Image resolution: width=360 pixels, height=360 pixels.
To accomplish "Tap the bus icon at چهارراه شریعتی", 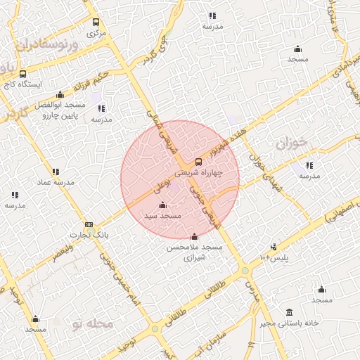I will click(198, 162).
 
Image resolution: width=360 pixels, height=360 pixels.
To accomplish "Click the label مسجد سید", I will click(163, 216).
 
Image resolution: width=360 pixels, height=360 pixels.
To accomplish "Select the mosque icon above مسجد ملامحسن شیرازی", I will click(194, 237).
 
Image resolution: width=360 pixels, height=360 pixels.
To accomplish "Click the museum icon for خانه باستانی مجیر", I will click(289, 312).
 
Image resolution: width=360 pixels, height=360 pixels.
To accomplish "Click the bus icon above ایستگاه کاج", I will click(23, 74).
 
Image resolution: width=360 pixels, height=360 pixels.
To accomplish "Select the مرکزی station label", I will click(96, 32).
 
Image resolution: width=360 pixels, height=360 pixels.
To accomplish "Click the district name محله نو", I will click(92, 324).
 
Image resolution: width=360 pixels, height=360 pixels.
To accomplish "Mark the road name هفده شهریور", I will click(226, 131).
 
